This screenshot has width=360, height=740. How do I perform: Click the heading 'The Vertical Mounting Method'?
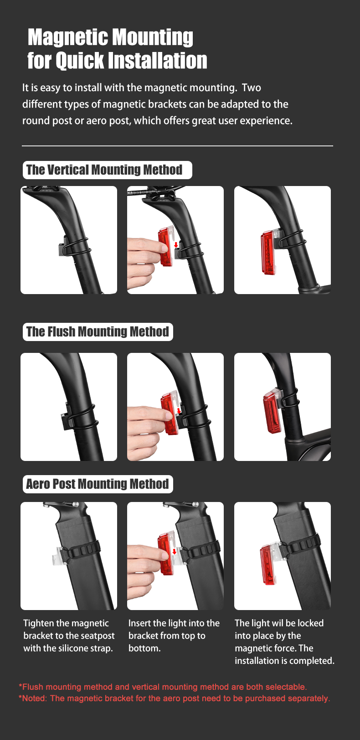pyautogui.click(x=104, y=170)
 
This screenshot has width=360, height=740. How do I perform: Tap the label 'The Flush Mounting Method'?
pyautogui.click(x=98, y=331)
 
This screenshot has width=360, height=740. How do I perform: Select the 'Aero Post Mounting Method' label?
pyautogui.click(x=98, y=484)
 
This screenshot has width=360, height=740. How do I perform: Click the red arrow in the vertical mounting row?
pyautogui.click(x=176, y=245)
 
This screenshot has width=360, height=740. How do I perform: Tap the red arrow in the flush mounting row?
pyautogui.click(x=179, y=411)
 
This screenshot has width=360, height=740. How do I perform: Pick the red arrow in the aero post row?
pyautogui.click(x=175, y=551)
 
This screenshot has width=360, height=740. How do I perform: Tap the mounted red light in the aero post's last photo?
pyautogui.click(x=268, y=564)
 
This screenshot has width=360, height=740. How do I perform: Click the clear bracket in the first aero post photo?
pyautogui.click(x=58, y=556)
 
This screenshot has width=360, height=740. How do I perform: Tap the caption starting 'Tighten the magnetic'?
pyautogui.click(x=69, y=636)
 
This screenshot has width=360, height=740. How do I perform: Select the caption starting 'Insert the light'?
pyautogui.click(x=174, y=636)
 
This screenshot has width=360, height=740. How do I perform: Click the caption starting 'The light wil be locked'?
pyautogui.click(x=284, y=642)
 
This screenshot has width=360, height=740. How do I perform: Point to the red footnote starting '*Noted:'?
pyautogui.click(x=175, y=698)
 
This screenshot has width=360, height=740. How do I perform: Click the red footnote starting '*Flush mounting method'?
pyautogui.click(x=163, y=687)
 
